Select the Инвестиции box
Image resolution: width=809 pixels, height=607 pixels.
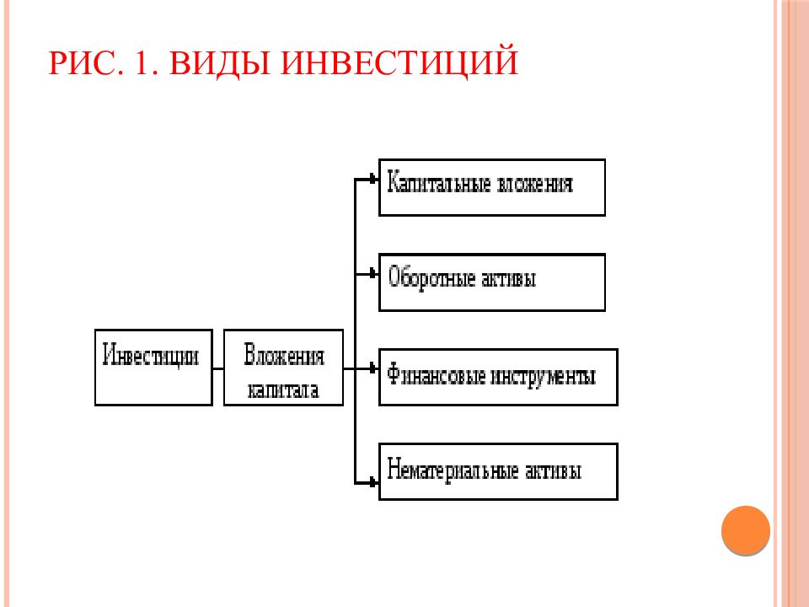coord(153,368)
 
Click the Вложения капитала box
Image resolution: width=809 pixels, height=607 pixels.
coord(283,368)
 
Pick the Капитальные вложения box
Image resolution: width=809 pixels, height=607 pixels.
coord(492,187)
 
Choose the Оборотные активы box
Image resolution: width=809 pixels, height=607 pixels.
coord(492,282)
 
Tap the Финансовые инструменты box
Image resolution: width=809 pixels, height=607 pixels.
coord(498,377)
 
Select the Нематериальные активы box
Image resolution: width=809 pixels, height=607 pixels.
coord(498,471)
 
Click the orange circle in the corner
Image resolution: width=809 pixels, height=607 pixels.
coord(746,530)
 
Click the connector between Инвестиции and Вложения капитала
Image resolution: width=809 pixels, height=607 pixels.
coord(217,368)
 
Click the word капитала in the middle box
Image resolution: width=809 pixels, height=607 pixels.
coord(283,389)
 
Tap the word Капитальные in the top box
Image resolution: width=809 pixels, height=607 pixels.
coord(439,184)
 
